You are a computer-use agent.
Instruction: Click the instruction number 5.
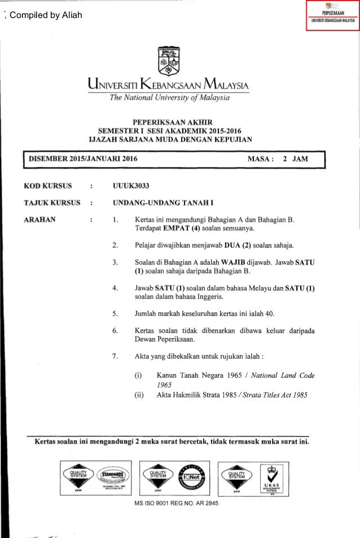click(x=115, y=314)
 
